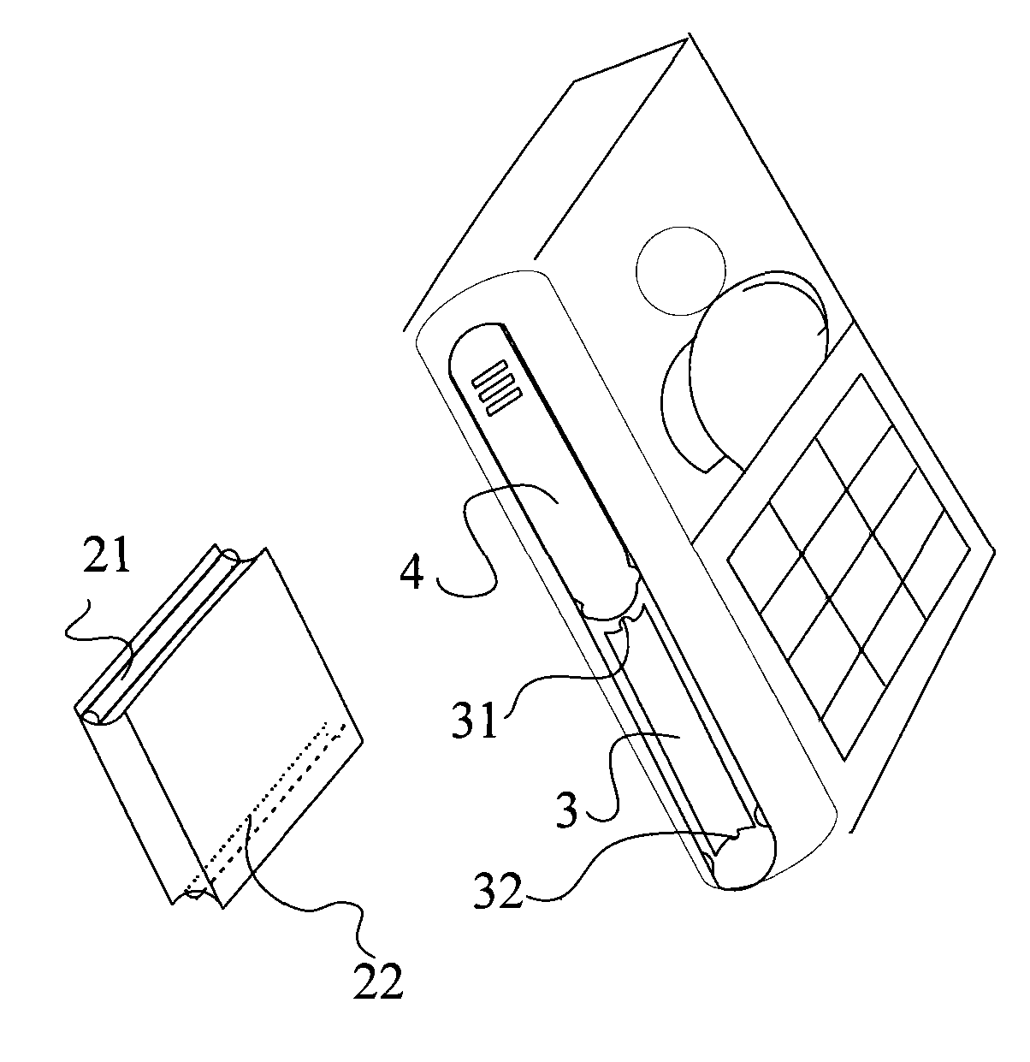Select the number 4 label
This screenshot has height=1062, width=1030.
pyautogui.click(x=411, y=573)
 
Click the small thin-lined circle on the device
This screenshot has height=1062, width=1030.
pyautogui.click(x=681, y=271)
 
